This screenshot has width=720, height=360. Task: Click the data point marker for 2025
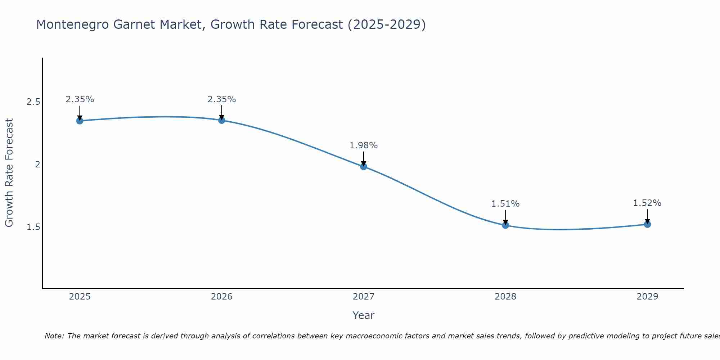tap(80, 121)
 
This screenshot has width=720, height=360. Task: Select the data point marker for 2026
tap(222, 120)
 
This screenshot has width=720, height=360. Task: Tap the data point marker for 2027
tap(364, 166)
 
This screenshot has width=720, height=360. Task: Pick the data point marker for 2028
tap(505, 225)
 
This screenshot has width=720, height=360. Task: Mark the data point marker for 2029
tap(647, 224)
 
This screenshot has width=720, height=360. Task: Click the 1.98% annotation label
tap(364, 145)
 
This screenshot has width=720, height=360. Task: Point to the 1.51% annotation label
tap(505, 204)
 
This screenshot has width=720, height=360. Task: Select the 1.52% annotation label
tap(647, 203)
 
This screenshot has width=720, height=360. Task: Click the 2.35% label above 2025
tap(80, 99)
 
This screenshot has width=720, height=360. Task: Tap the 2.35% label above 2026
tap(222, 99)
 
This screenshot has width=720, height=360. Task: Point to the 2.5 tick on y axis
tap(33, 102)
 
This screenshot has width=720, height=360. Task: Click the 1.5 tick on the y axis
tap(33, 227)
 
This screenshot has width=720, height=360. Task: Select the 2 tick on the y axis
tap(37, 165)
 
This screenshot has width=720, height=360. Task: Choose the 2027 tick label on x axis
tap(364, 297)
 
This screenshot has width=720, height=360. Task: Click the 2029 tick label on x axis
tap(647, 297)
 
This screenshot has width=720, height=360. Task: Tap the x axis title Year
tap(364, 315)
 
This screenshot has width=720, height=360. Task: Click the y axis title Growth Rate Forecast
tap(9, 173)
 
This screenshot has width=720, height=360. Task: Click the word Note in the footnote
tap(54, 336)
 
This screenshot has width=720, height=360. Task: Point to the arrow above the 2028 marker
tap(505, 217)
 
